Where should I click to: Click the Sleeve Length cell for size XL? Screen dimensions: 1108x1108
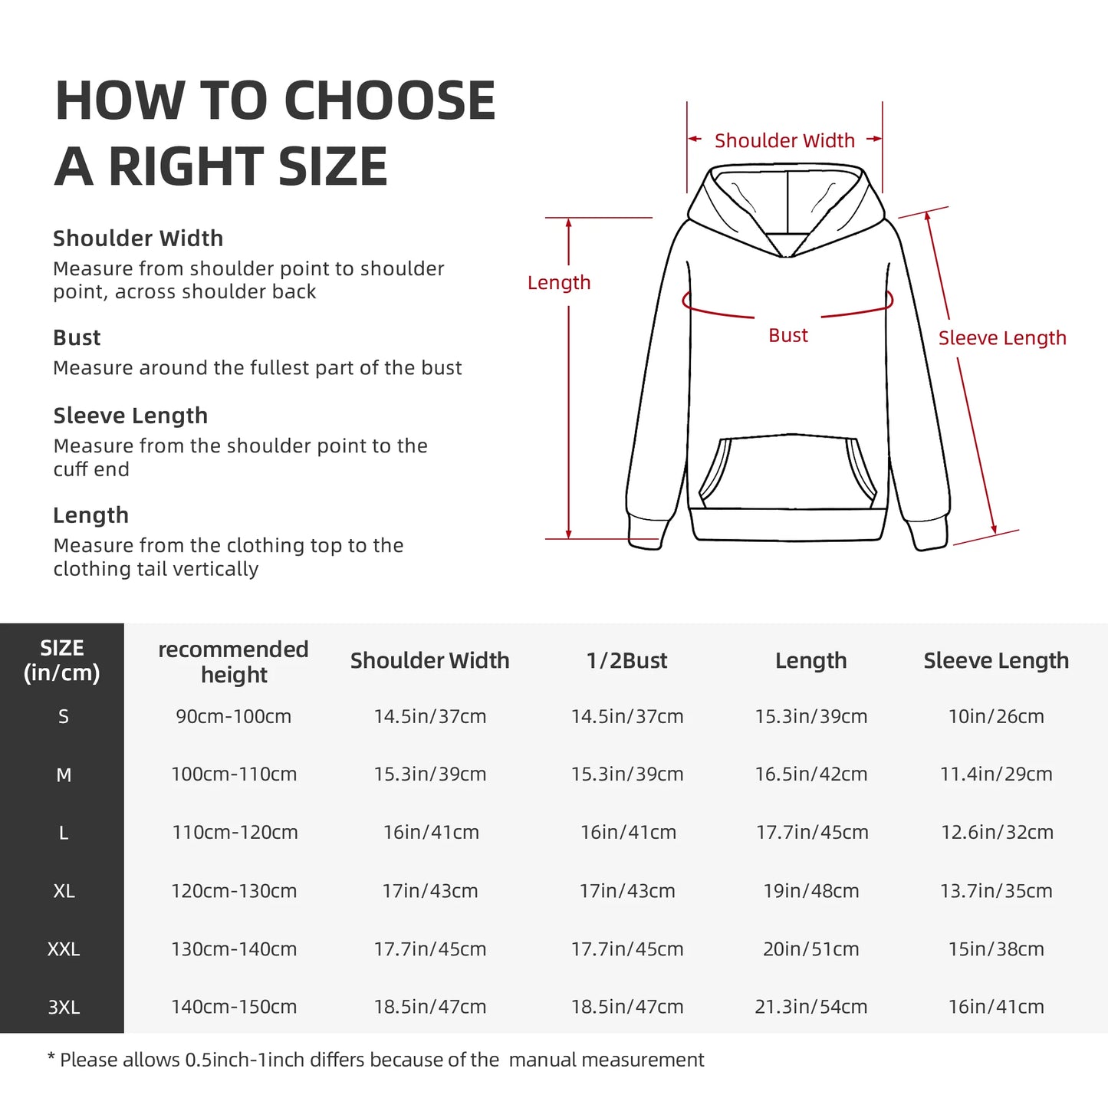pyautogui.click(x=996, y=891)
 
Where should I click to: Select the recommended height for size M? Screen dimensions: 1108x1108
pyautogui.click(x=234, y=774)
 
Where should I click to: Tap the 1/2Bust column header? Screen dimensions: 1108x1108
pyautogui.click(x=626, y=661)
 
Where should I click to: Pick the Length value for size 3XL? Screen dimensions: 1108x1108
pyautogui.click(x=810, y=1007)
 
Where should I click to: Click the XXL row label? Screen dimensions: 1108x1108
pyautogui.click(x=63, y=949)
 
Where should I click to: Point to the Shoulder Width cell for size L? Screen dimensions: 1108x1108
pyautogui.click(x=431, y=833)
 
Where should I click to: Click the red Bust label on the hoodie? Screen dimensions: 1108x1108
pyautogui.click(x=787, y=336)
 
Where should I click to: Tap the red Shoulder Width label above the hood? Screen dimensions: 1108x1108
pyautogui.click(x=784, y=141)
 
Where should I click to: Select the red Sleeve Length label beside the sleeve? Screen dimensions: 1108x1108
pyautogui.click(x=1002, y=338)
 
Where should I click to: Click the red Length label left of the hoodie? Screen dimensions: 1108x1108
pyautogui.click(x=559, y=283)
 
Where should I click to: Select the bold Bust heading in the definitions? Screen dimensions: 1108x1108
pyautogui.click(x=77, y=338)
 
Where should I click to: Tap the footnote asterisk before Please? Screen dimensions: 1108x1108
pyautogui.click(x=51, y=1059)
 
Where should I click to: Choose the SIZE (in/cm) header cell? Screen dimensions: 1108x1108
pyautogui.click(x=62, y=660)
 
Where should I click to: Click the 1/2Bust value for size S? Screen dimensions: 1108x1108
pyautogui.click(x=626, y=717)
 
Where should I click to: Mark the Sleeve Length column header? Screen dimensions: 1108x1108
pyautogui.click(x=995, y=661)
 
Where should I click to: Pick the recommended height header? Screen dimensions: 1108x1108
pyautogui.click(x=233, y=662)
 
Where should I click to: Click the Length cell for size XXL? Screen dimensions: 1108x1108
pyautogui.click(x=810, y=949)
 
